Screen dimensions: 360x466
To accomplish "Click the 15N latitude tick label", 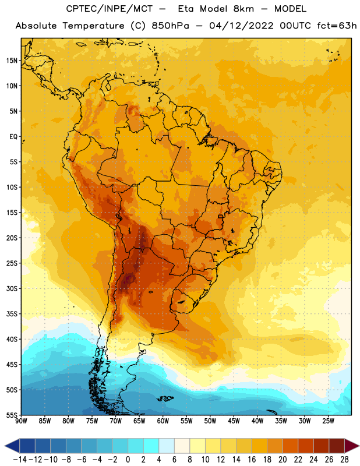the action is coord(12,61).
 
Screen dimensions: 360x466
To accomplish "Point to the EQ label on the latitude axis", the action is coord(13,137).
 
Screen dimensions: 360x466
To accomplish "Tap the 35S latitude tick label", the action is coord(12,314).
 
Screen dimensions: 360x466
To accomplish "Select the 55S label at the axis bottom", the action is coord(12,415).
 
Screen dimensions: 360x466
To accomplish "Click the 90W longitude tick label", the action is coord(21,421).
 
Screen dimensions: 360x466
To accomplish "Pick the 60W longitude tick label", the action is coord(163,421).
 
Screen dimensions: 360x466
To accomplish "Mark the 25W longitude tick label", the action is coord(328,421).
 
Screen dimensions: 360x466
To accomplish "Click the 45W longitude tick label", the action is coord(234,421).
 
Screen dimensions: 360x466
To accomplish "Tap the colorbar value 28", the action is coord(344,460).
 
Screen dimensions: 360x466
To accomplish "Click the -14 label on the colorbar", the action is coord(20,460).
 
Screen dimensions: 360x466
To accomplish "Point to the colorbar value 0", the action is coord(128,460).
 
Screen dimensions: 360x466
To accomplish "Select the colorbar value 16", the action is coord(252,460).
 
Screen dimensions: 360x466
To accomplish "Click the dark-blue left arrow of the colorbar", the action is coord(12,446).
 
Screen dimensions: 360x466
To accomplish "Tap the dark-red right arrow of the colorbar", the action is coord(352,446).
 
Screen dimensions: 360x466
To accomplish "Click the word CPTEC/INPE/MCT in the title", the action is coord(110,9).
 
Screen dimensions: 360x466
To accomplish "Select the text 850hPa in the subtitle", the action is coord(170,26).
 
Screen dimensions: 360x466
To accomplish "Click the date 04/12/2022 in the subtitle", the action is coord(241,26).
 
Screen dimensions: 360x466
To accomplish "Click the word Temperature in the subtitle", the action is coord(93,26).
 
